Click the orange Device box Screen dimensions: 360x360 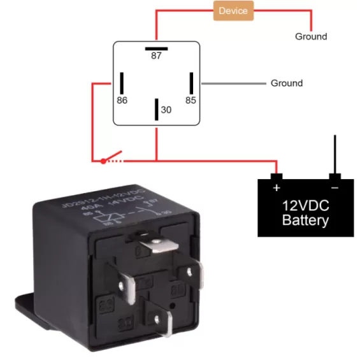pyautogui.click(x=233, y=11)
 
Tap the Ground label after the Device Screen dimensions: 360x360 pyautogui.click(x=310, y=36)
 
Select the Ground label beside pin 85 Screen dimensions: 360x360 pyautogui.click(x=287, y=83)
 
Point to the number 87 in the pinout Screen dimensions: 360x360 pyautogui.click(x=156, y=56)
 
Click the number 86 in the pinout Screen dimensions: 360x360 pyautogui.click(x=122, y=101)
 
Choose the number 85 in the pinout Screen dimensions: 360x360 pyautogui.click(x=191, y=101)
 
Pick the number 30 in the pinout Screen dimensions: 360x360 pyautogui.click(x=166, y=110)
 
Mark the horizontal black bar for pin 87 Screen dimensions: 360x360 pyautogui.click(x=156, y=47)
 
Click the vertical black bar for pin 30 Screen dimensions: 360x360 pyautogui.click(x=156, y=109)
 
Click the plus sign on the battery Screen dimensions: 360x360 pyautogui.click(x=276, y=188)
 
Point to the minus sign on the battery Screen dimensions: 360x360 pyautogui.click(x=333, y=188)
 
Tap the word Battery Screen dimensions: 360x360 pyautogui.click(x=305, y=221)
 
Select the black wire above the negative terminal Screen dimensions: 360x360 pyautogui.click(x=333, y=153)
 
